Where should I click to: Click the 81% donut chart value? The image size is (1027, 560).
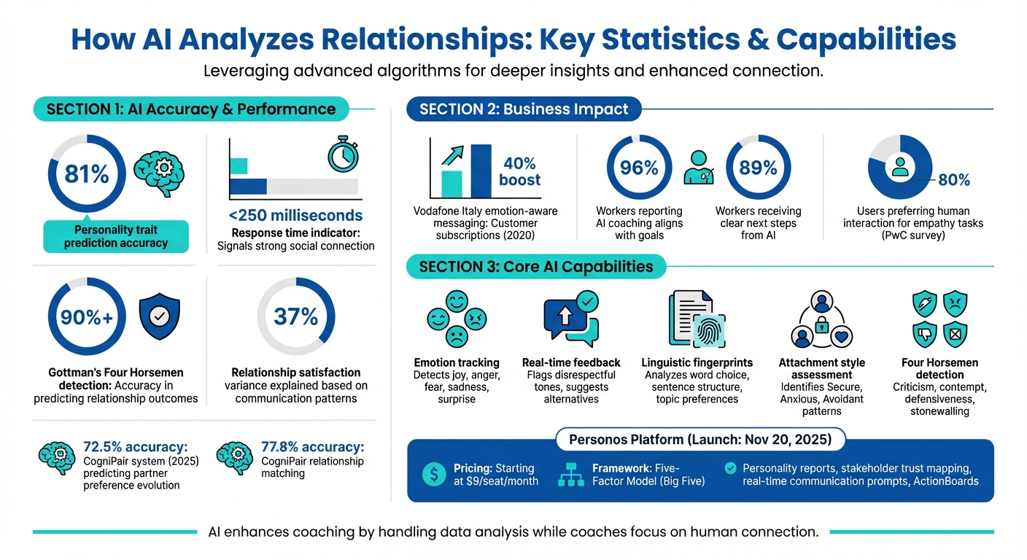point(87,174)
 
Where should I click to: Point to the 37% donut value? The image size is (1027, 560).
point(296,316)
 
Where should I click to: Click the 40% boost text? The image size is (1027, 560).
point(519,171)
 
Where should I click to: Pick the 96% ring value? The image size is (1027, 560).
point(639,168)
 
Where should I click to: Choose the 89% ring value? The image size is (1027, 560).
point(759,168)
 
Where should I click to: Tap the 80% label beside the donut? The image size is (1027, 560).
point(953,179)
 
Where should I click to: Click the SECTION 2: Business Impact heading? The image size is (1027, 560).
point(524,109)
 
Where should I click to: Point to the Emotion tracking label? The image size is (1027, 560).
point(457,362)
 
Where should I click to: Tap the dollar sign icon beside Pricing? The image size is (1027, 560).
point(435,475)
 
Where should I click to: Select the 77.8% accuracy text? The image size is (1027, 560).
point(312,447)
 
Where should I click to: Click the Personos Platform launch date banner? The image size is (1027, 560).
point(699,440)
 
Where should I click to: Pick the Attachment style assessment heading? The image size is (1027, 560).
point(821,368)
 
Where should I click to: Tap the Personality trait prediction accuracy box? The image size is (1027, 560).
point(116,236)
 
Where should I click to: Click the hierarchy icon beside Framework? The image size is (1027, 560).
point(573,475)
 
